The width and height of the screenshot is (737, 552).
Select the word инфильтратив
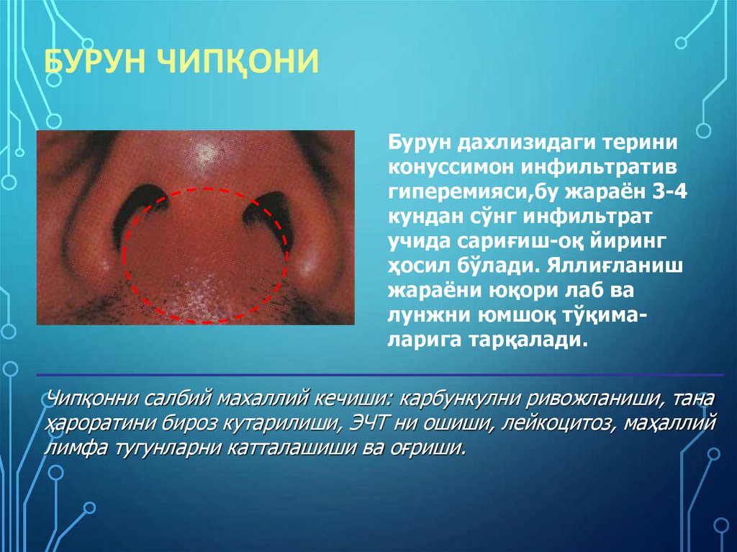coord(584,167)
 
